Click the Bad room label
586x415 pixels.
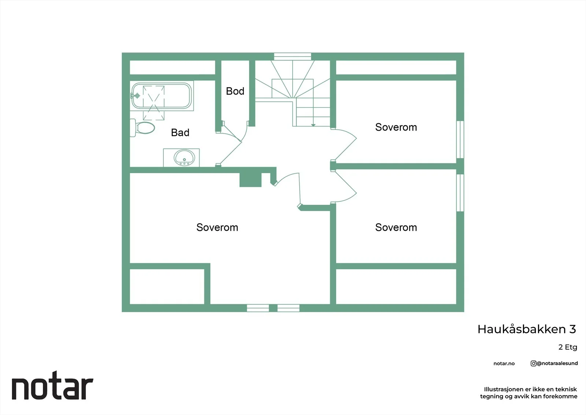coord(180,132)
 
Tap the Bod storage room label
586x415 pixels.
coord(235,91)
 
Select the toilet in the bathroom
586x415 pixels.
coord(142,128)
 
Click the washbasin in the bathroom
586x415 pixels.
coord(184,157)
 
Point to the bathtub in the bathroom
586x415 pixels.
coord(162,96)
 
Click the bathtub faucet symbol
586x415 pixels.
coord(136,96)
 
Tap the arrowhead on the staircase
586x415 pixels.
coord(313,125)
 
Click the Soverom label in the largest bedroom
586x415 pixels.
coord(217,227)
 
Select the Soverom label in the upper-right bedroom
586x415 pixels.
coord(396,127)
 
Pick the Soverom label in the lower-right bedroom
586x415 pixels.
coord(396,227)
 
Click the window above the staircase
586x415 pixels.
coord(293,57)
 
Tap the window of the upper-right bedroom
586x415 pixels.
coord(460,139)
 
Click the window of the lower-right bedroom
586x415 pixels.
coord(460,193)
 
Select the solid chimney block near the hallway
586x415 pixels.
coord(251,180)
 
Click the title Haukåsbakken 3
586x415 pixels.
coord(527,329)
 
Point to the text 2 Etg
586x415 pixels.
coord(568,347)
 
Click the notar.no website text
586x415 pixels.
coord(504,363)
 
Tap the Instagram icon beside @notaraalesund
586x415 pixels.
coord(533,363)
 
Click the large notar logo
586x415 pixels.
coord(53,385)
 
